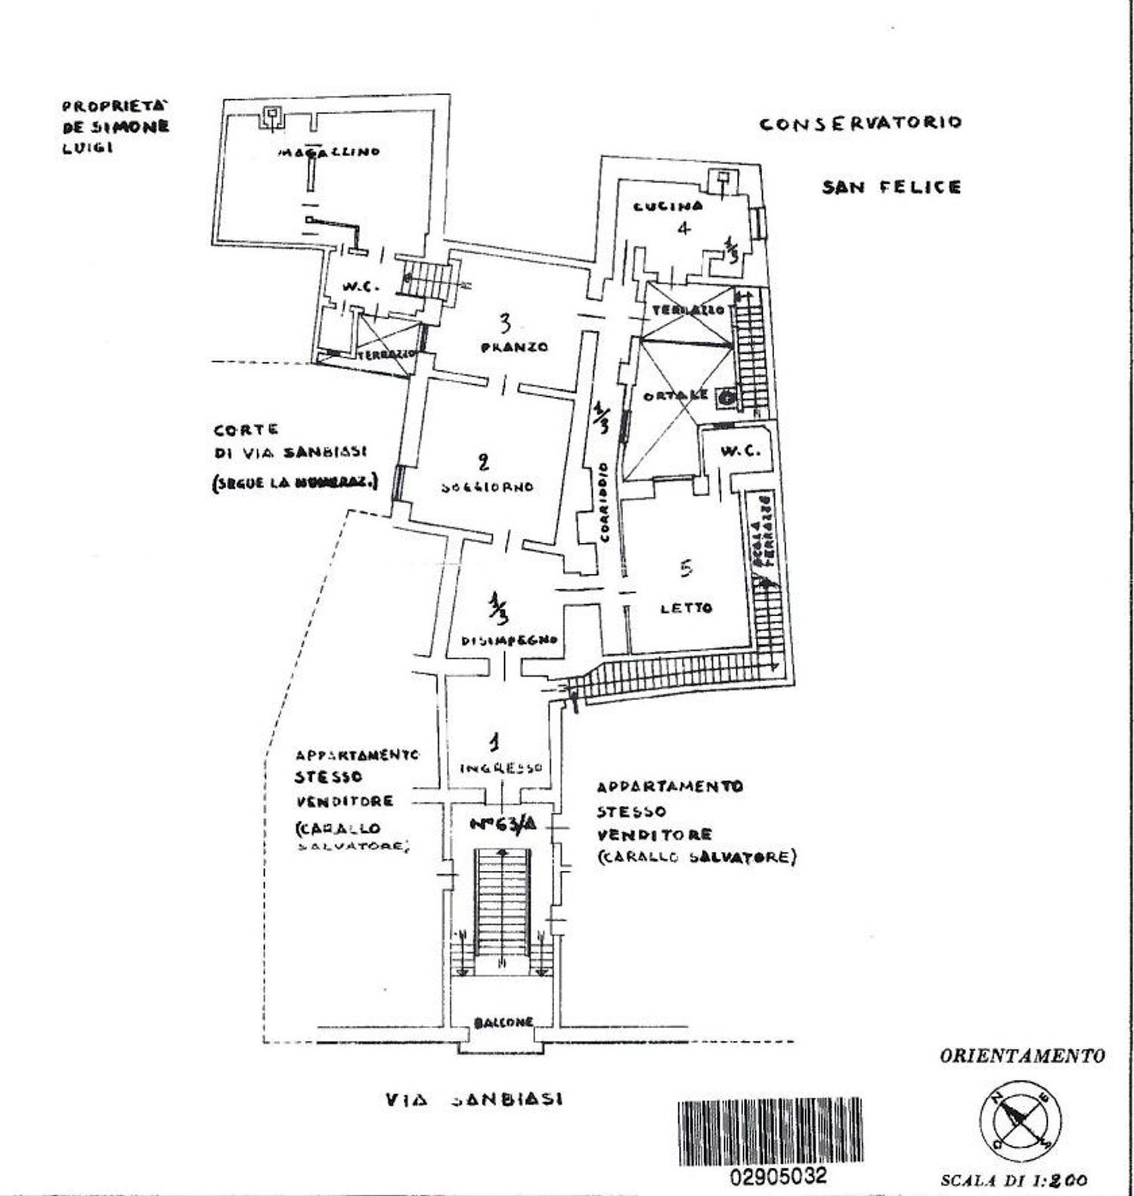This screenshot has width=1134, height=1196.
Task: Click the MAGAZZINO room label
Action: point(328,152)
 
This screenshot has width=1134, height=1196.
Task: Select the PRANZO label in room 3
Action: point(514,348)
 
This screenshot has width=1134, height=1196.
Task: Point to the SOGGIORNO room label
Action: point(487,487)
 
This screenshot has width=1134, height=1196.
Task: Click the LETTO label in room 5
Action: point(686,607)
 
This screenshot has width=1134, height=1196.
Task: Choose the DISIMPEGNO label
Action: point(510,640)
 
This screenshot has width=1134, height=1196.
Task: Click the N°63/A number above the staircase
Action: point(503,825)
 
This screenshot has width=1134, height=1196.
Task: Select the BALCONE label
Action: point(503,1022)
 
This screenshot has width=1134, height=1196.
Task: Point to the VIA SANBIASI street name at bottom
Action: point(472,1099)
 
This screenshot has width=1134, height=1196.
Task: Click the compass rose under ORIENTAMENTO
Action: point(1020,1120)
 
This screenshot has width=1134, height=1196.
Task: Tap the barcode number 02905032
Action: point(778,1176)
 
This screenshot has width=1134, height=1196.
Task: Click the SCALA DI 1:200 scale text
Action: point(1014,1179)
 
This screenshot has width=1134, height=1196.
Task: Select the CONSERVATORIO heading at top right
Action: point(860,123)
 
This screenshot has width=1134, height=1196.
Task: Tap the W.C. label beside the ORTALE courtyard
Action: point(740,451)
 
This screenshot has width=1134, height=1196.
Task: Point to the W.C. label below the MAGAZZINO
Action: point(355,287)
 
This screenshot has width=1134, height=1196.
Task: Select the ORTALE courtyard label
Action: point(675,395)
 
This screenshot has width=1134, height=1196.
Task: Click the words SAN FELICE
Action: point(891,187)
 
